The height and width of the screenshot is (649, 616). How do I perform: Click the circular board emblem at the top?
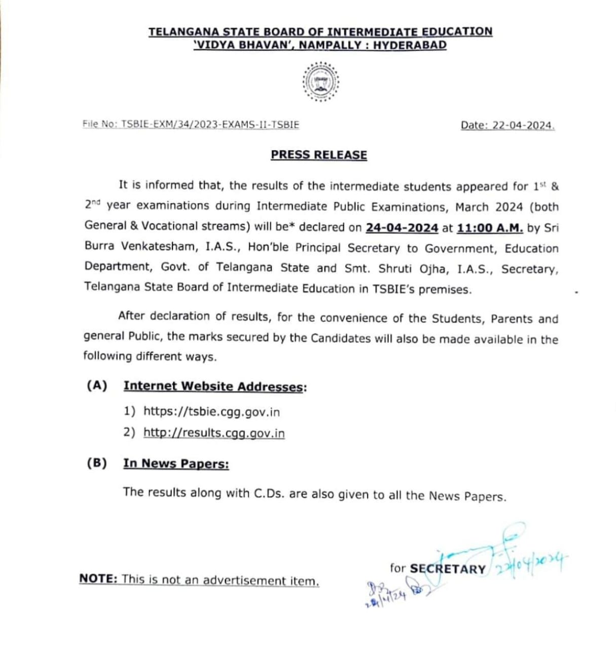320,82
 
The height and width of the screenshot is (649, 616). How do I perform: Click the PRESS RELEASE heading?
319,155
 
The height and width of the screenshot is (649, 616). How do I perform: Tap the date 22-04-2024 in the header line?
522,126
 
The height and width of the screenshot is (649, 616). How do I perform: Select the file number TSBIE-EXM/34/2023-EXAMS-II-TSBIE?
210,124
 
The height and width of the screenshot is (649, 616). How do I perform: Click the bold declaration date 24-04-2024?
402,228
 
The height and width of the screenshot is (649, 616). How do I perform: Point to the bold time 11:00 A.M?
490,228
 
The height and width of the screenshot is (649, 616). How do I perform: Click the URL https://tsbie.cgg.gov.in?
211,411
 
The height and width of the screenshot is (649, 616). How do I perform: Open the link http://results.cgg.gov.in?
214,433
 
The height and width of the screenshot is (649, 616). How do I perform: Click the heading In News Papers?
176,463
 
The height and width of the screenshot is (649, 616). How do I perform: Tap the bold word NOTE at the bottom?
98,579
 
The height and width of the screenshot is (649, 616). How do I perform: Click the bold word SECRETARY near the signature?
448,569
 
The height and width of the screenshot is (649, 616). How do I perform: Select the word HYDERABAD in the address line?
410,45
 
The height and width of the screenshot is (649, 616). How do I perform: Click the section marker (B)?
97,463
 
